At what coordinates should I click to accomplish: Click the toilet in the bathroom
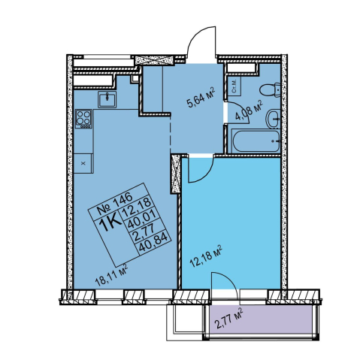click(x=271, y=89)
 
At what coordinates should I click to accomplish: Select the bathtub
click(x=256, y=141)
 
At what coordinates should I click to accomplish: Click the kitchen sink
click(x=107, y=99)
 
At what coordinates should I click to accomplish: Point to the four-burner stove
click(x=83, y=119)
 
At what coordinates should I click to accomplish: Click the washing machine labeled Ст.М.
click(x=234, y=86)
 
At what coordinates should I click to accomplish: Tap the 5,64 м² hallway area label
click(x=201, y=98)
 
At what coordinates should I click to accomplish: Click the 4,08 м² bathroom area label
click(x=249, y=111)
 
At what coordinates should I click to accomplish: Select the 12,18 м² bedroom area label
click(x=206, y=256)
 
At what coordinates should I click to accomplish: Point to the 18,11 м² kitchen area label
click(x=111, y=275)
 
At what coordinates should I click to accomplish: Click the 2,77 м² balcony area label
click(x=229, y=319)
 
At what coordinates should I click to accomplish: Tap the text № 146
click(x=114, y=203)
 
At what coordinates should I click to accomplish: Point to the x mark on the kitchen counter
click(x=83, y=163)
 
